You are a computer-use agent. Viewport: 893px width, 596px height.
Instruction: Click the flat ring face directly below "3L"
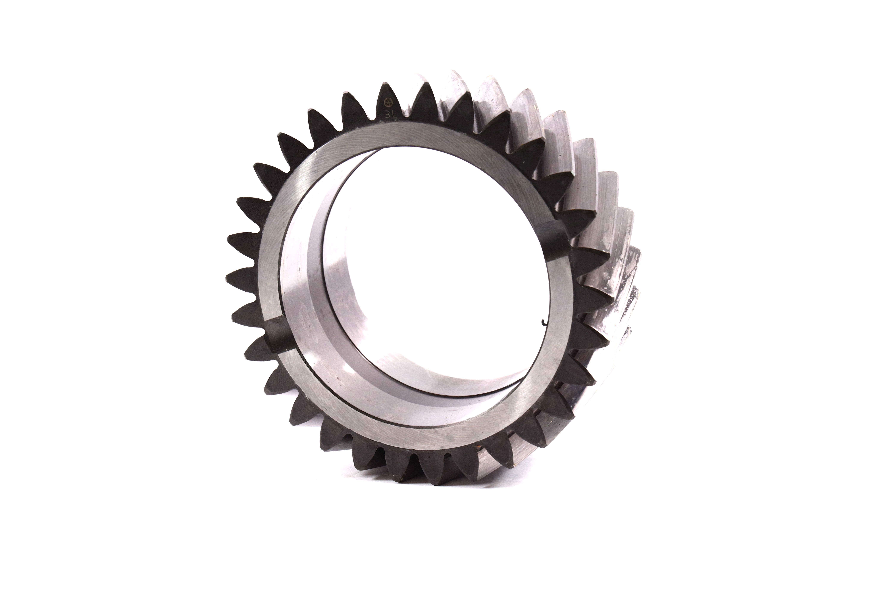point(395,137)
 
